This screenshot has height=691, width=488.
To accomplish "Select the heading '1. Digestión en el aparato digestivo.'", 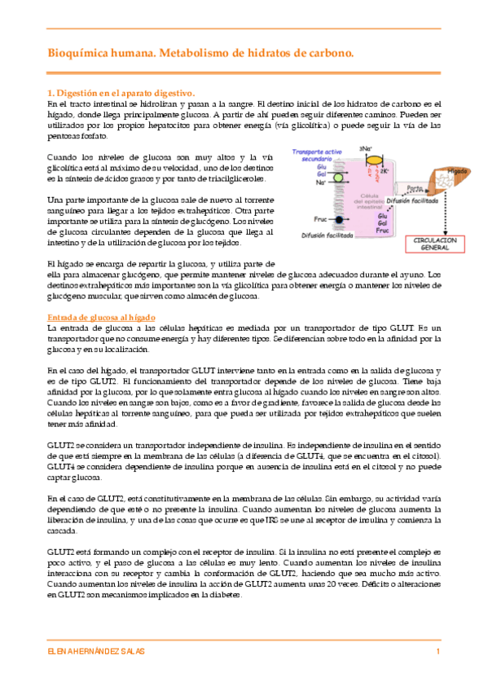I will pyautogui.click(x=120, y=93).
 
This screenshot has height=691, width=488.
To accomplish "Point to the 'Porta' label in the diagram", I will pyautogui.click(x=415, y=187).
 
